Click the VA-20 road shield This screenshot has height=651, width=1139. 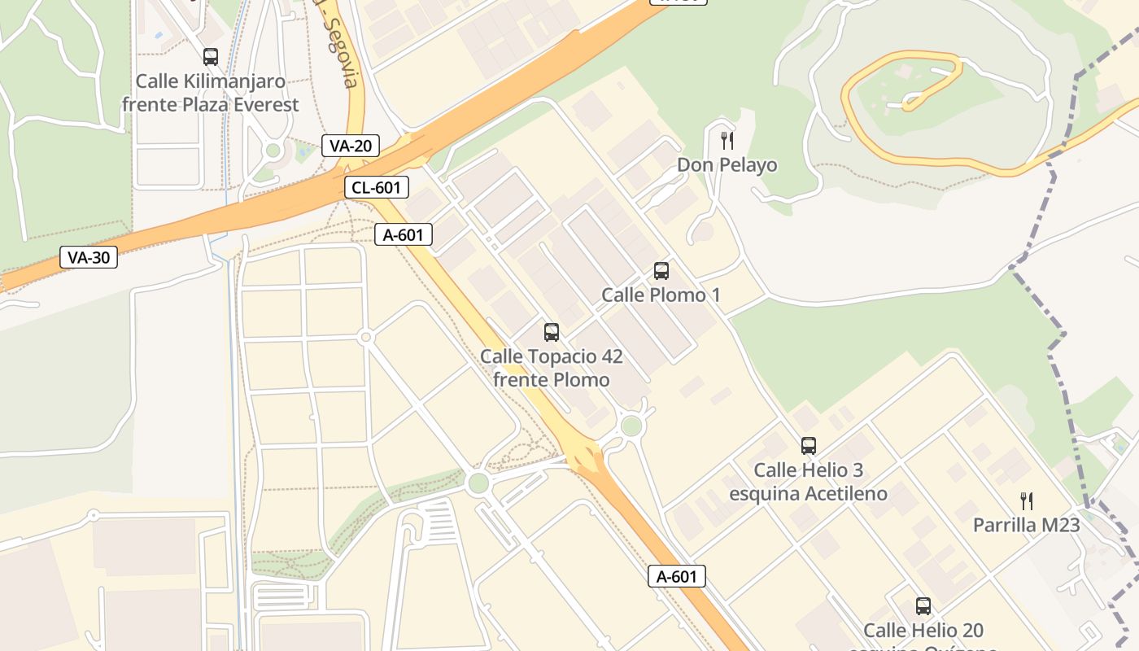pyautogui.click(x=351, y=146)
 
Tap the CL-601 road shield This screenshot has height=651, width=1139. pyautogui.click(x=375, y=187)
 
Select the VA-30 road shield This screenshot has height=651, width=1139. pyautogui.click(x=89, y=258)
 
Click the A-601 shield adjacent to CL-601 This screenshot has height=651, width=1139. pyautogui.click(x=404, y=234)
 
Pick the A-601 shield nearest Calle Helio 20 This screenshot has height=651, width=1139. pyautogui.click(x=677, y=576)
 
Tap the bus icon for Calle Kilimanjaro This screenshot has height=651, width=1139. pyautogui.click(x=211, y=57)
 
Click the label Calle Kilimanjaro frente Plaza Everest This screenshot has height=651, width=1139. pyautogui.click(x=211, y=93)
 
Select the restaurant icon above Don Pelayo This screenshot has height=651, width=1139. pyautogui.click(x=727, y=141)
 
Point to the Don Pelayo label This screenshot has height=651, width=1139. pyautogui.click(x=727, y=165)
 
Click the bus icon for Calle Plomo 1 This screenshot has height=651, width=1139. pyautogui.click(x=661, y=271)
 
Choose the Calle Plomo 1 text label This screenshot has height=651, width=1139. pyautogui.click(x=661, y=295)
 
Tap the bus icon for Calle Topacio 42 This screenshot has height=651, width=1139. pyautogui.click(x=552, y=332)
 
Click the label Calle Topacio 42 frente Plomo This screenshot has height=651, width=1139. pyautogui.click(x=552, y=368)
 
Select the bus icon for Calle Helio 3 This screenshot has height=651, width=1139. pyautogui.click(x=808, y=446)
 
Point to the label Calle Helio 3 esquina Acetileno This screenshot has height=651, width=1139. pyautogui.click(x=808, y=482)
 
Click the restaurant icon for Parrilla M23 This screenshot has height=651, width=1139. pyautogui.click(x=1027, y=501)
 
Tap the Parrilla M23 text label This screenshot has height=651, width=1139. pyautogui.click(x=1027, y=525)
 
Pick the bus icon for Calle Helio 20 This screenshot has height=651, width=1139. pyautogui.click(x=923, y=606)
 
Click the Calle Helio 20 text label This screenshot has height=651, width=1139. pyautogui.click(x=923, y=631)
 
